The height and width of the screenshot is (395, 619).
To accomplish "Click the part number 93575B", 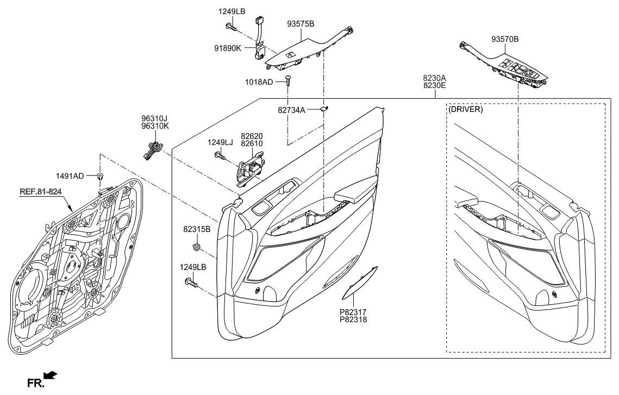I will click(x=301, y=23).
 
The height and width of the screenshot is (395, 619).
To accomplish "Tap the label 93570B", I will click(x=505, y=39).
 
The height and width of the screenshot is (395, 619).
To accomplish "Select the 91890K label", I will click(x=228, y=48).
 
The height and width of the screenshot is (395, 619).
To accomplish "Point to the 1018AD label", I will click(x=260, y=82).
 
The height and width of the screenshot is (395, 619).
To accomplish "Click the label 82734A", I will click(x=291, y=110).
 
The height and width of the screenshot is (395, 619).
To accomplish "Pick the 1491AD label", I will click(x=70, y=176).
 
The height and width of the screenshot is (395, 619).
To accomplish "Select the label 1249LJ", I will click(x=220, y=142).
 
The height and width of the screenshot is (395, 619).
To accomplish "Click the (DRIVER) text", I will click(x=466, y=109).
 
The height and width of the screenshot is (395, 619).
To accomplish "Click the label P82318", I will click(x=353, y=320).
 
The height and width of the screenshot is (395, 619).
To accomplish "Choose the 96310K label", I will click(x=155, y=125).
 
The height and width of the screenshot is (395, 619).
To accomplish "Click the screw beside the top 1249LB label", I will click(x=232, y=25).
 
